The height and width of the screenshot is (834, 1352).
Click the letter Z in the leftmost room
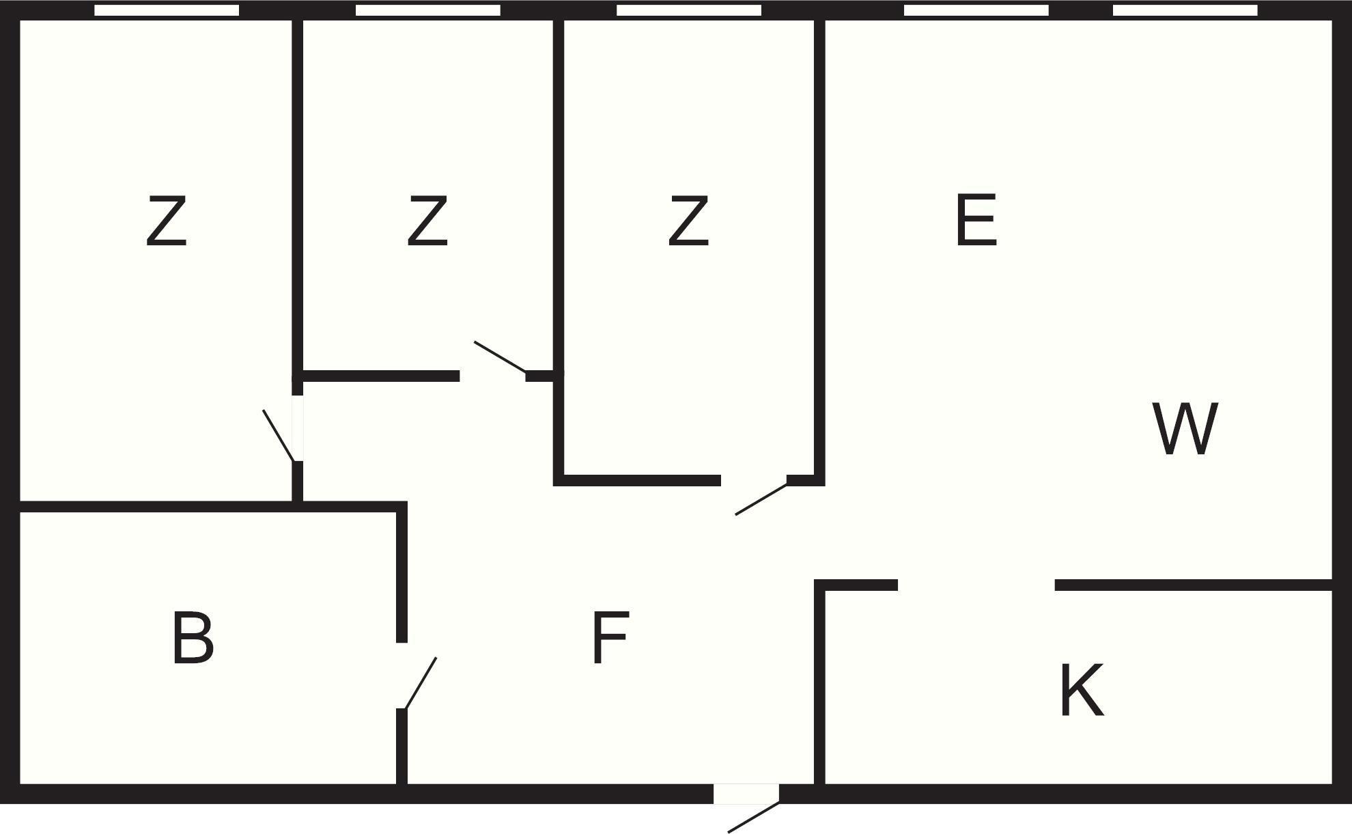(x=166, y=221)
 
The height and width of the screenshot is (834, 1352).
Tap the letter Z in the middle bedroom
(x=427, y=221)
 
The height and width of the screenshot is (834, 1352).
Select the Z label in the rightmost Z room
(x=688, y=221)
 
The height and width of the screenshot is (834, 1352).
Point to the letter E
(x=976, y=220)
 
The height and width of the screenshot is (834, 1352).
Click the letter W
(x=1185, y=429)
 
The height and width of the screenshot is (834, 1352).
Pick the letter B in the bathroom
(x=193, y=638)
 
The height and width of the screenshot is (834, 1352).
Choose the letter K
(x=1081, y=691)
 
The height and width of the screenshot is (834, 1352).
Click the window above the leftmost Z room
(x=167, y=10)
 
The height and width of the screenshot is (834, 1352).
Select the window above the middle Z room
(x=428, y=10)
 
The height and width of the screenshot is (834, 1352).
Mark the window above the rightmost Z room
(x=689, y=10)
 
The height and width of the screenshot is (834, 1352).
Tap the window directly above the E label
(x=976, y=10)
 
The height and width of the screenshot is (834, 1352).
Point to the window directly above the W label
(x=1185, y=10)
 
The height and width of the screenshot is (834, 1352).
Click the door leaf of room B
(x=421, y=683)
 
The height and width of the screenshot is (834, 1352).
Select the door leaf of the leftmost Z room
(x=279, y=436)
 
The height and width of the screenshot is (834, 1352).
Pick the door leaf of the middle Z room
(x=500, y=357)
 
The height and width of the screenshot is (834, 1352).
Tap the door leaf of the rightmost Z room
(x=761, y=499)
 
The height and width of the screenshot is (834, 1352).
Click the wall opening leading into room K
(x=976, y=585)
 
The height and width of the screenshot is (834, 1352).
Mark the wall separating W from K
(x=1194, y=585)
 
